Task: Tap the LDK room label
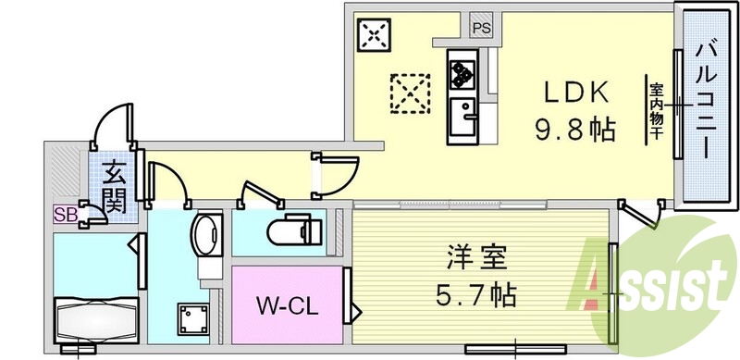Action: point(575,93)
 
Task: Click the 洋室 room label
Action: point(476,258)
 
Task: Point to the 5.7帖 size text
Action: point(476,295)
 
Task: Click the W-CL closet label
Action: point(288,307)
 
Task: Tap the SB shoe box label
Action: point(65,215)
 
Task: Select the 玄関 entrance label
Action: point(114,186)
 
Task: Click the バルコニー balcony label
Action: point(706,101)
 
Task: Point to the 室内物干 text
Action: point(655,111)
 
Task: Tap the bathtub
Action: point(96,320)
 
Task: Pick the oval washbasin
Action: point(205,231)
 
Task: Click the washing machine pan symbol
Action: point(193,319)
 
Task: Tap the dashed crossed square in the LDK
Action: point(410,93)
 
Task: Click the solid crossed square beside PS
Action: point(374,34)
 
